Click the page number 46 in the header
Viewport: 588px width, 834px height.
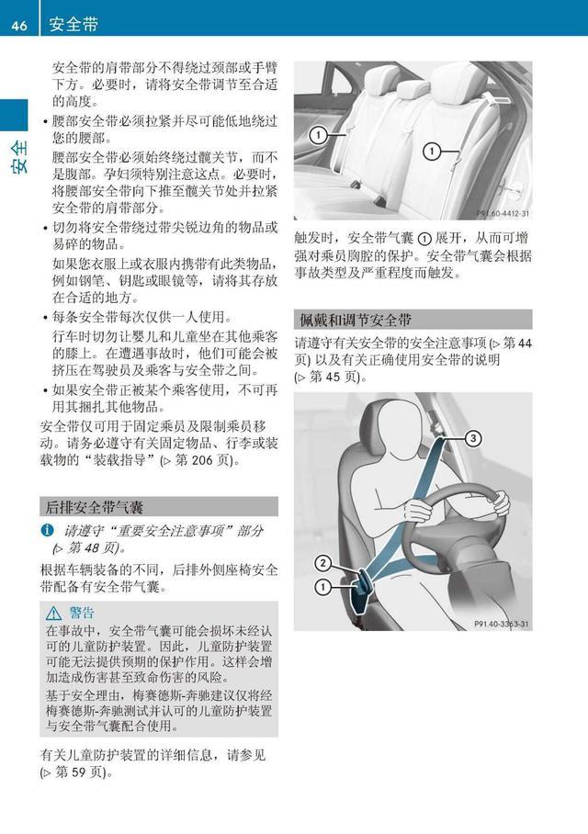pos(18,25)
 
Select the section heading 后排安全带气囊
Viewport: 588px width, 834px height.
pos(92,507)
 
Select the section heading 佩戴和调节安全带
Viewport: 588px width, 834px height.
pos(354,320)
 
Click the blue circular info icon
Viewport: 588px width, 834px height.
pos(47,531)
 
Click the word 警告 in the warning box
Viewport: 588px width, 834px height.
pos(82,613)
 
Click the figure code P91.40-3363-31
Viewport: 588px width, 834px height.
pos(502,624)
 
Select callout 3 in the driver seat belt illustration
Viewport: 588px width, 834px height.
pos(472,438)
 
